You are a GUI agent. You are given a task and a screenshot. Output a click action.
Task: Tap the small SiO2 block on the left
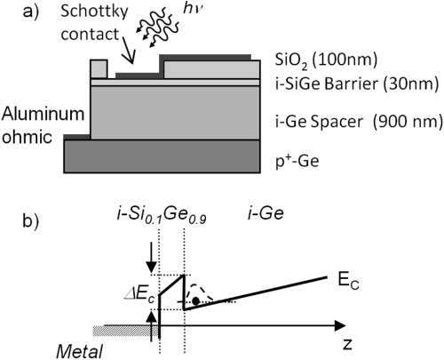tap(99, 68)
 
